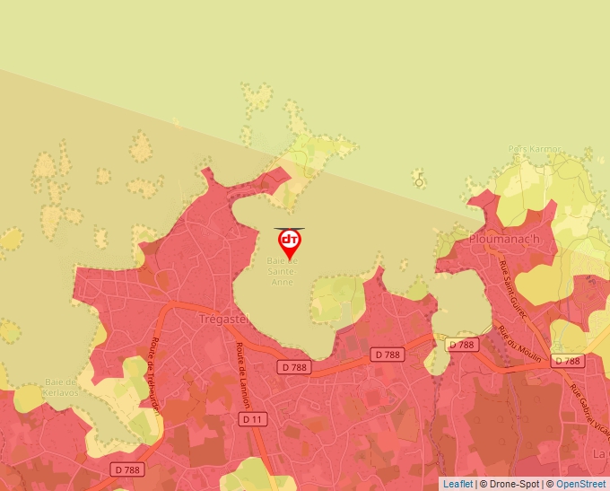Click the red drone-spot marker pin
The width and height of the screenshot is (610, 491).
click(x=290, y=244)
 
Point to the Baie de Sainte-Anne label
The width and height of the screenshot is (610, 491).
click(x=280, y=271)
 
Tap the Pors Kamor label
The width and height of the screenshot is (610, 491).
click(x=535, y=149)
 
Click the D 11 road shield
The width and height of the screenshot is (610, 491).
click(x=251, y=419)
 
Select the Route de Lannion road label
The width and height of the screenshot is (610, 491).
click(x=241, y=373)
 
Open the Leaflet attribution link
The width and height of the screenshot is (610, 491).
click(x=457, y=484)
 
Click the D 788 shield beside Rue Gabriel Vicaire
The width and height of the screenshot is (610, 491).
click(x=568, y=361)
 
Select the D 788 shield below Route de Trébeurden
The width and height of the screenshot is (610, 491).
click(x=128, y=469)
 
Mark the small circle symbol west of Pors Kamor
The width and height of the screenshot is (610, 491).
click(x=419, y=182)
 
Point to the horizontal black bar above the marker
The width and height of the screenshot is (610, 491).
click(x=290, y=229)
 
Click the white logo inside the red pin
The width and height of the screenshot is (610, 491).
click(x=290, y=240)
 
